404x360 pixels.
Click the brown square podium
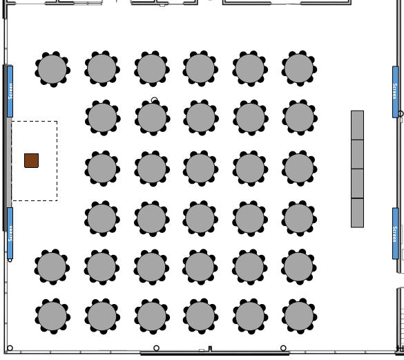32,160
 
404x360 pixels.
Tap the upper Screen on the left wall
10,91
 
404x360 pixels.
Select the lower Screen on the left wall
10,233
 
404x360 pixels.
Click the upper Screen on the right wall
395,92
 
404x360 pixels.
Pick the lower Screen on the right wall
395,234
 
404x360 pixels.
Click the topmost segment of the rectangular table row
357,125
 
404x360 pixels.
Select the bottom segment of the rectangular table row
357,213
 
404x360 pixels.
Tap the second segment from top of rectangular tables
357,155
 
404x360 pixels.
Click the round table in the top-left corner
52,69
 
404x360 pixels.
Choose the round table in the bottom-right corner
299,316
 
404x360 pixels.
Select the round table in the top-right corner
299,68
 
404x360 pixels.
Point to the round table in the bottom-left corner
52,316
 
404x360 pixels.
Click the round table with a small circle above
152,117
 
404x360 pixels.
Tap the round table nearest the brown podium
102,169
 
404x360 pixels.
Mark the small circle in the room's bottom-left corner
10,348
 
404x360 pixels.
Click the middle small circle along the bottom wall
156,348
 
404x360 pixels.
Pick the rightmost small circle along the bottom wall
283,348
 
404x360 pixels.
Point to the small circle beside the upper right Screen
401,113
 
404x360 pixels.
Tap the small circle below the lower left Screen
10,260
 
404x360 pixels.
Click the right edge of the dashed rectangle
57,161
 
